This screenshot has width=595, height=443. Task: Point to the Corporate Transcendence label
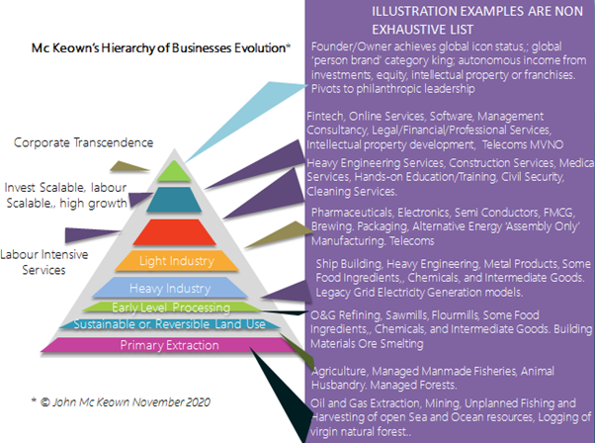(83, 142)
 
